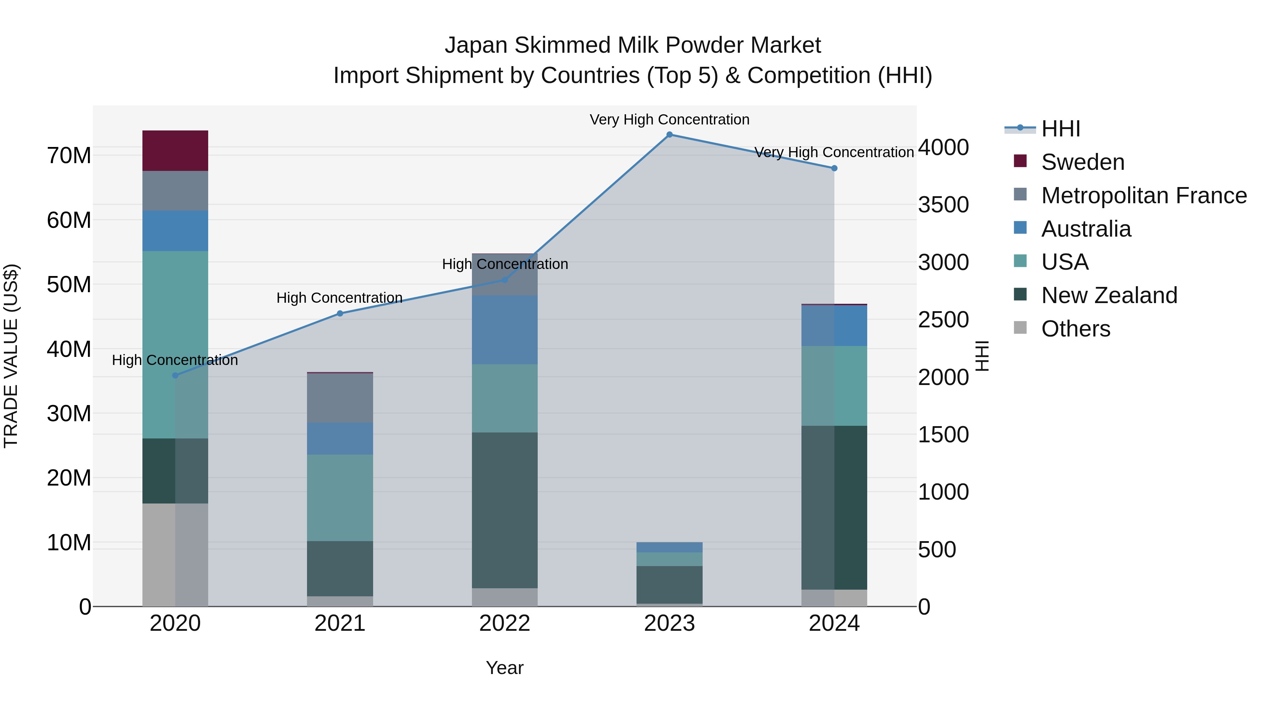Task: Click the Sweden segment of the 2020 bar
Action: [175, 150]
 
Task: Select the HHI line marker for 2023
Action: [669, 135]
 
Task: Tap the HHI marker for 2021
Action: [340, 314]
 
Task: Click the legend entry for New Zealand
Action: [1109, 295]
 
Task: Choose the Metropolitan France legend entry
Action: [1144, 195]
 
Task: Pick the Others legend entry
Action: [1075, 329]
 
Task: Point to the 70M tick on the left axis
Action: [69, 156]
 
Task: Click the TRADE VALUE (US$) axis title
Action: [11, 356]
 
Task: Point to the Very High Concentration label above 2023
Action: [669, 120]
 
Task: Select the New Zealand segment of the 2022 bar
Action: [504, 510]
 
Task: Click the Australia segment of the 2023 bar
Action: [669, 547]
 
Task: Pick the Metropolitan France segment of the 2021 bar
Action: [340, 398]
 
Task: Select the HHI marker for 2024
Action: [834, 168]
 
